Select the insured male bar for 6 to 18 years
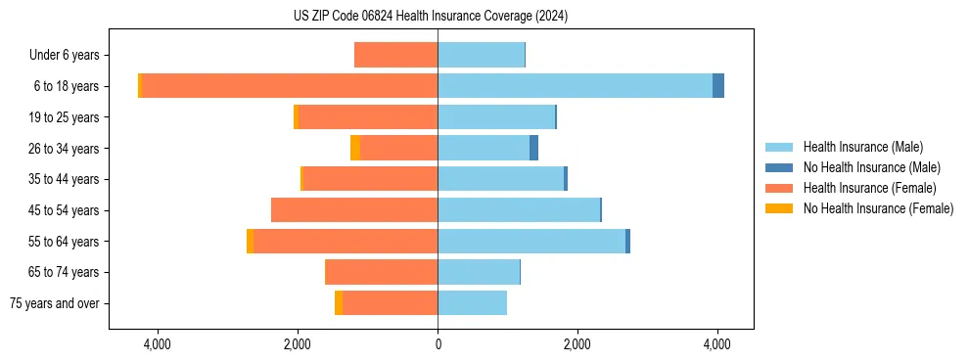pyautogui.click(x=575, y=86)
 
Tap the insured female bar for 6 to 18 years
pyautogui.click(x=290, y=86)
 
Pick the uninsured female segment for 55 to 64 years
pyautogui.click(x=251, y=241)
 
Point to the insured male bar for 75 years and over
pyautogui.click(x=472, y=303)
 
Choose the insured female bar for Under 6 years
pyautogui.click(x=395, y=55)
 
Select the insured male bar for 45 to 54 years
pyautogui.click(x=519, y=210)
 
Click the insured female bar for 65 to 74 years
pyautogui.click(x=381, y=272)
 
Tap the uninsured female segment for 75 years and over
pyautogui.click(x=339, y=303)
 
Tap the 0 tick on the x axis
pyautogui.click(x=438, y=344)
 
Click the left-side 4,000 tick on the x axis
pyautogui.click(x=158, y=344)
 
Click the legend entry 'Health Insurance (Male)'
pyautogui.click(x=862, y=147)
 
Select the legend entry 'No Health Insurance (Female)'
pyautogui.click(x=878, y=208)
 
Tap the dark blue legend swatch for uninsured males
pyautogui.click(x=779, y=167)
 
